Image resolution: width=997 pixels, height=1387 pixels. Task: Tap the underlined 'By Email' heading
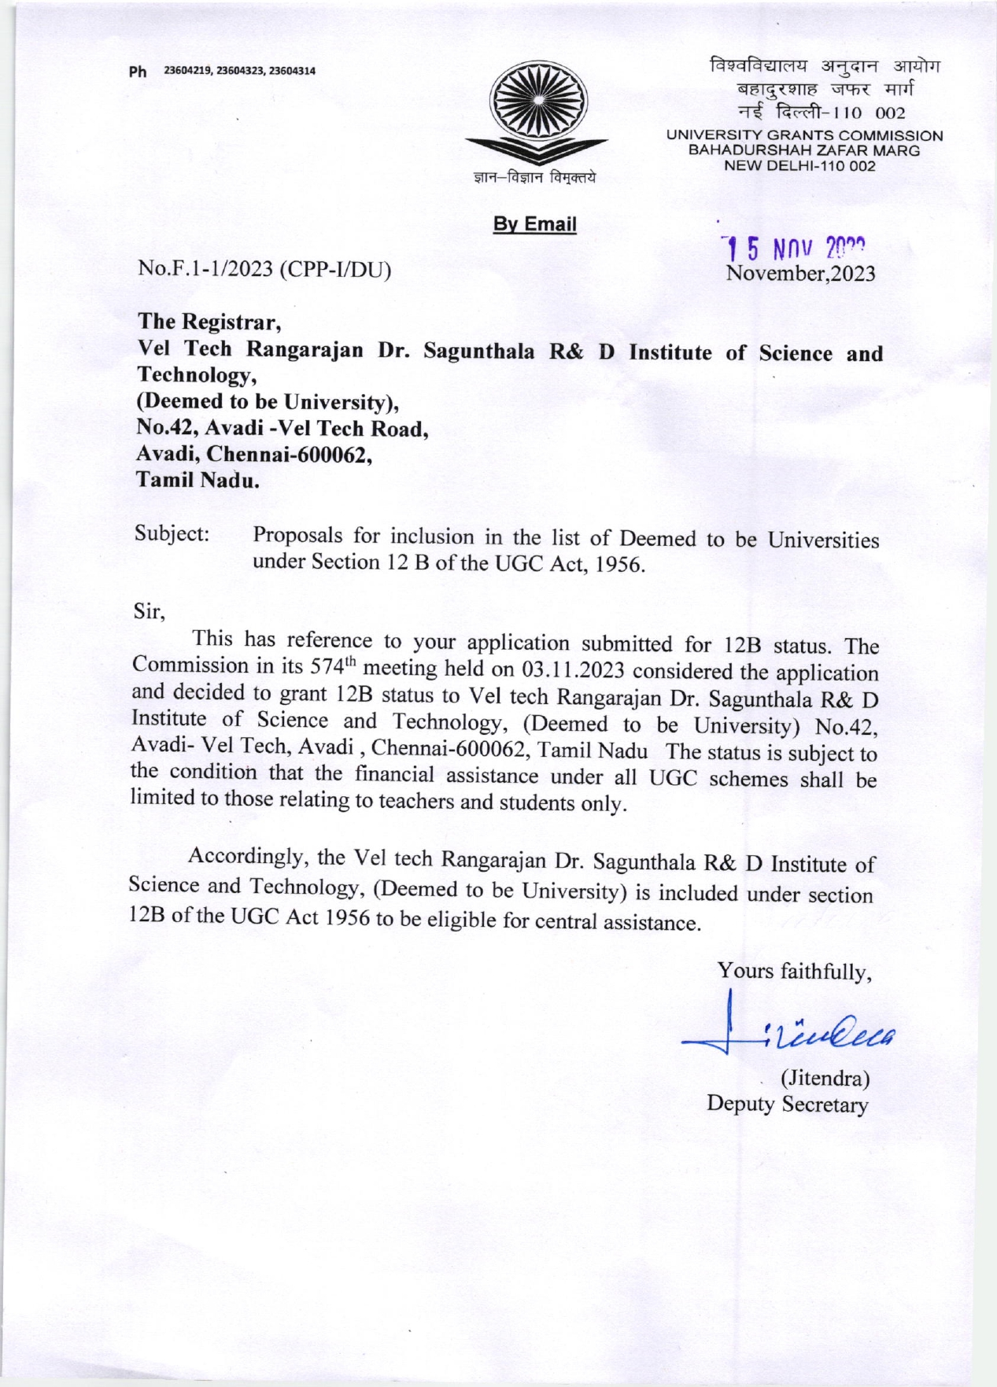coord(534,224)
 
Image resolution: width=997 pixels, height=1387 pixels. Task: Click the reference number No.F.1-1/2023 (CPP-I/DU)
coord(264,269)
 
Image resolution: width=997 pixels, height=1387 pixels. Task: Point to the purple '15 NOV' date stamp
coord(794,249)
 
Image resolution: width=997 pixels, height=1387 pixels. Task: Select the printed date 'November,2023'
coord(799,274)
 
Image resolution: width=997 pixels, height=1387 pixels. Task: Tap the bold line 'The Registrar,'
coord(209,322)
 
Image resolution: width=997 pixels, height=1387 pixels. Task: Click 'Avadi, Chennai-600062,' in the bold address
coord(253,454)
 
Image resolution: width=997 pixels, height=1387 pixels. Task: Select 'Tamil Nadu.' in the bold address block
coord(198,480)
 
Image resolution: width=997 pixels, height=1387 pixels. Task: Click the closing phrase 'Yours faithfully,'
coord(793,972)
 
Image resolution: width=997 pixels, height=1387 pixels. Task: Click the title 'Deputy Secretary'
coord(787,1104)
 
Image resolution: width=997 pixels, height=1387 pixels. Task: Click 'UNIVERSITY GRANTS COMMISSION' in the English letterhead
coord(804,135)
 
